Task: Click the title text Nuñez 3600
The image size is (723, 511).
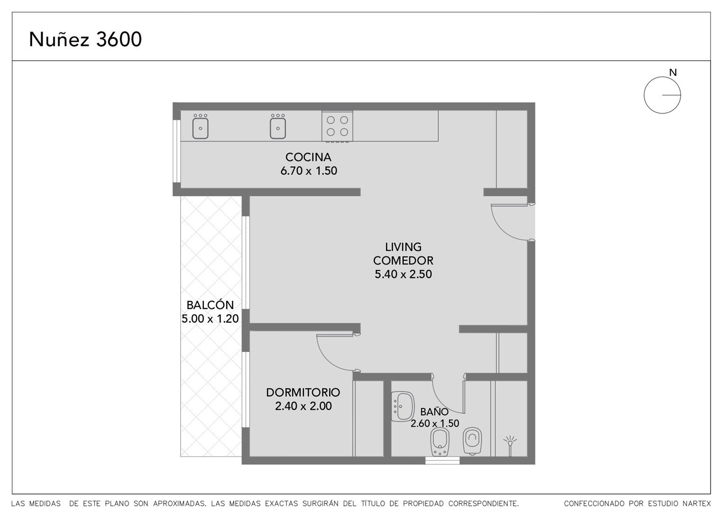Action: coord(85,39)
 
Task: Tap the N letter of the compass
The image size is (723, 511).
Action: coord(673,73)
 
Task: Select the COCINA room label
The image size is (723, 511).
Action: coord(308,157)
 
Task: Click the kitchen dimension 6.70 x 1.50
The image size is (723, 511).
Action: coord(309,171)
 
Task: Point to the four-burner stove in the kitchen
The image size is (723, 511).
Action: coord(337,126)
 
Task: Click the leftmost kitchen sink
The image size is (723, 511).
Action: coord(201,126)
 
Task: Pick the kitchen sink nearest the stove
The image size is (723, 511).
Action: coord(278,126)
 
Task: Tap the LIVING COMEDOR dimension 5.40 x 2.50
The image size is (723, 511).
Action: coord(403,274)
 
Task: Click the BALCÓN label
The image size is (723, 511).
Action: coord(210,305)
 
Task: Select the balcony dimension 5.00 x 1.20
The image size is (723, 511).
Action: coord(210,318)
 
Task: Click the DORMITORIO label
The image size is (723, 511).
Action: coord(303,393)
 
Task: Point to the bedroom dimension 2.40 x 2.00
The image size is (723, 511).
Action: coord(303,406)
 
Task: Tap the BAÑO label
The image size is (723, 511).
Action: coord(434,412)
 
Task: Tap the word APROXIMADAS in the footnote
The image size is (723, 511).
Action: coord(179,503)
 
